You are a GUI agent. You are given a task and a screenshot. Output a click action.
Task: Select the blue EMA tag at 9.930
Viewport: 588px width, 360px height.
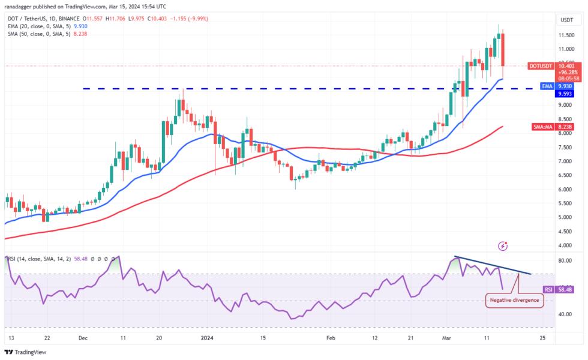[x=546, y=86]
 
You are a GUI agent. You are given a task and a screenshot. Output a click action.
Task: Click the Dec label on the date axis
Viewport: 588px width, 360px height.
[x=83, y=338]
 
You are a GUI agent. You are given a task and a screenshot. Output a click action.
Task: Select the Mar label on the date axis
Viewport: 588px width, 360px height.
[x=448, y=338]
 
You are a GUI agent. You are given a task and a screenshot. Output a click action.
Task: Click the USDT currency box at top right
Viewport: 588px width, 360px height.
[x=566, y=20]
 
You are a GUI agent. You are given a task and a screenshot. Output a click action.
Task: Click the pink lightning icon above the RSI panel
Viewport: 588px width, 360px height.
[x=503, y=246]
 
